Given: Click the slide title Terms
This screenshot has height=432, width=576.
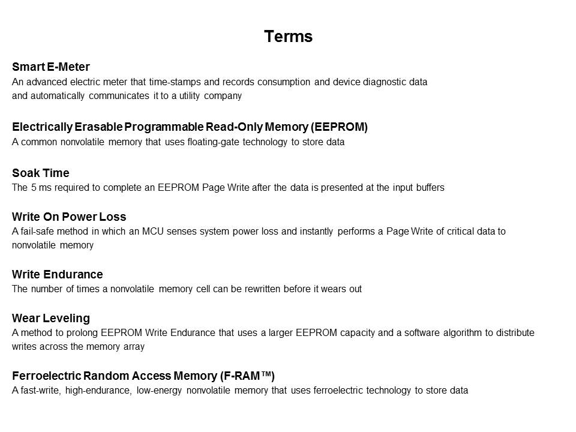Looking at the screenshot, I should coord(288,37).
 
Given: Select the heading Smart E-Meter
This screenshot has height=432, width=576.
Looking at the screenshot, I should coord(51,67).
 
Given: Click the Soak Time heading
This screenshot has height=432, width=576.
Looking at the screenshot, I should coord(41,173).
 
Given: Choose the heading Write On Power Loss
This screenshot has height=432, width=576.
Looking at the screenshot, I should coord(69,217).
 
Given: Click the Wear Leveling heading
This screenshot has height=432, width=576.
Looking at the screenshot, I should coord(51,318).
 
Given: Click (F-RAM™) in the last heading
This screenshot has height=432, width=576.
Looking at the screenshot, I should coord(247,376).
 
